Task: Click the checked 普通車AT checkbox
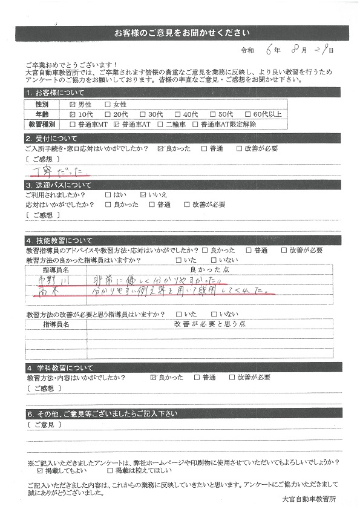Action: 117,124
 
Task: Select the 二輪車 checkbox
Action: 160,124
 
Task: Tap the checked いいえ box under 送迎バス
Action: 143,195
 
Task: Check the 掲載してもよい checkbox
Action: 40,470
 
